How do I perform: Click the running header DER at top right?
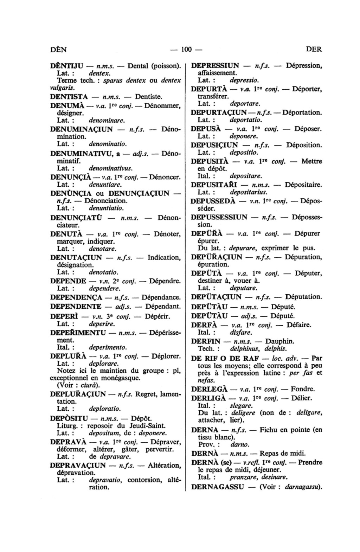tap(314, 49)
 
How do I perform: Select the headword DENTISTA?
tap(69, 96)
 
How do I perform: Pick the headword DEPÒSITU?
tap(68, 418)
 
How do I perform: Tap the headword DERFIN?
tap(206, 341)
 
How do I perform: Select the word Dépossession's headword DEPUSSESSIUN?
tap(219, 217)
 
